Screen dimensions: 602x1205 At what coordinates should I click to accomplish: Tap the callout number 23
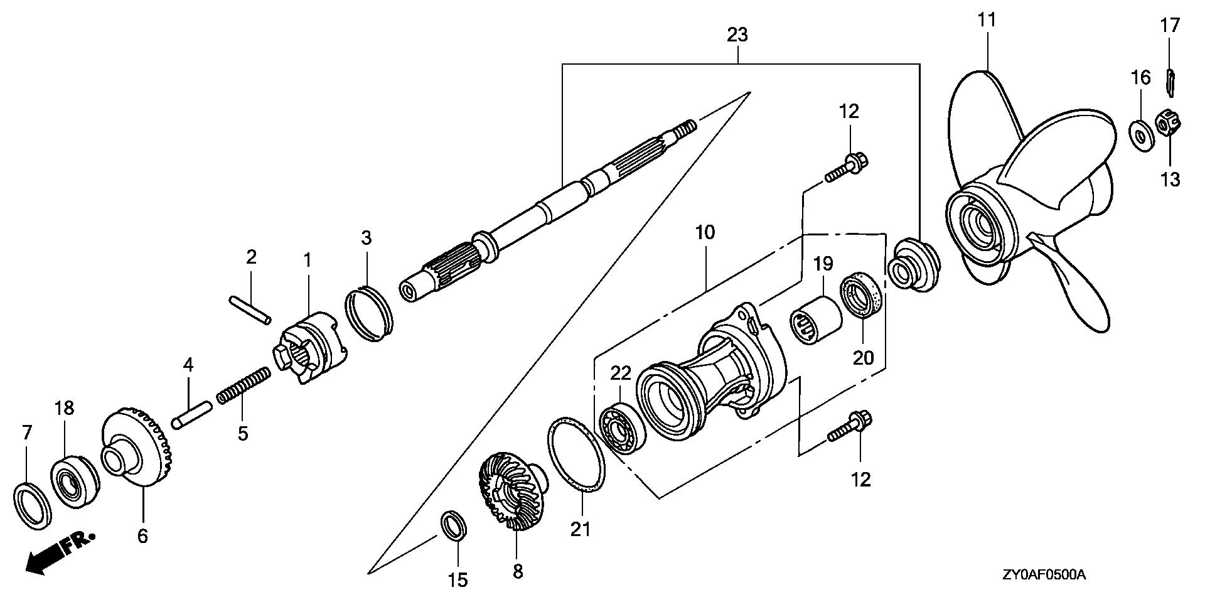737,35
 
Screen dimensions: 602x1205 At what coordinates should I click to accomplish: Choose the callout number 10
705,232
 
